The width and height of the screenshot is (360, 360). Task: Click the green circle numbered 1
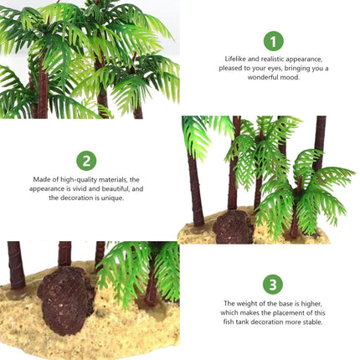(273, 40)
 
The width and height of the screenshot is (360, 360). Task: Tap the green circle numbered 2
(86, 161)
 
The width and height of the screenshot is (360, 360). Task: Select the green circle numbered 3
(273, 284)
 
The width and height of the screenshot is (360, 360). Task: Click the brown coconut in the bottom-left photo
(64, 300)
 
